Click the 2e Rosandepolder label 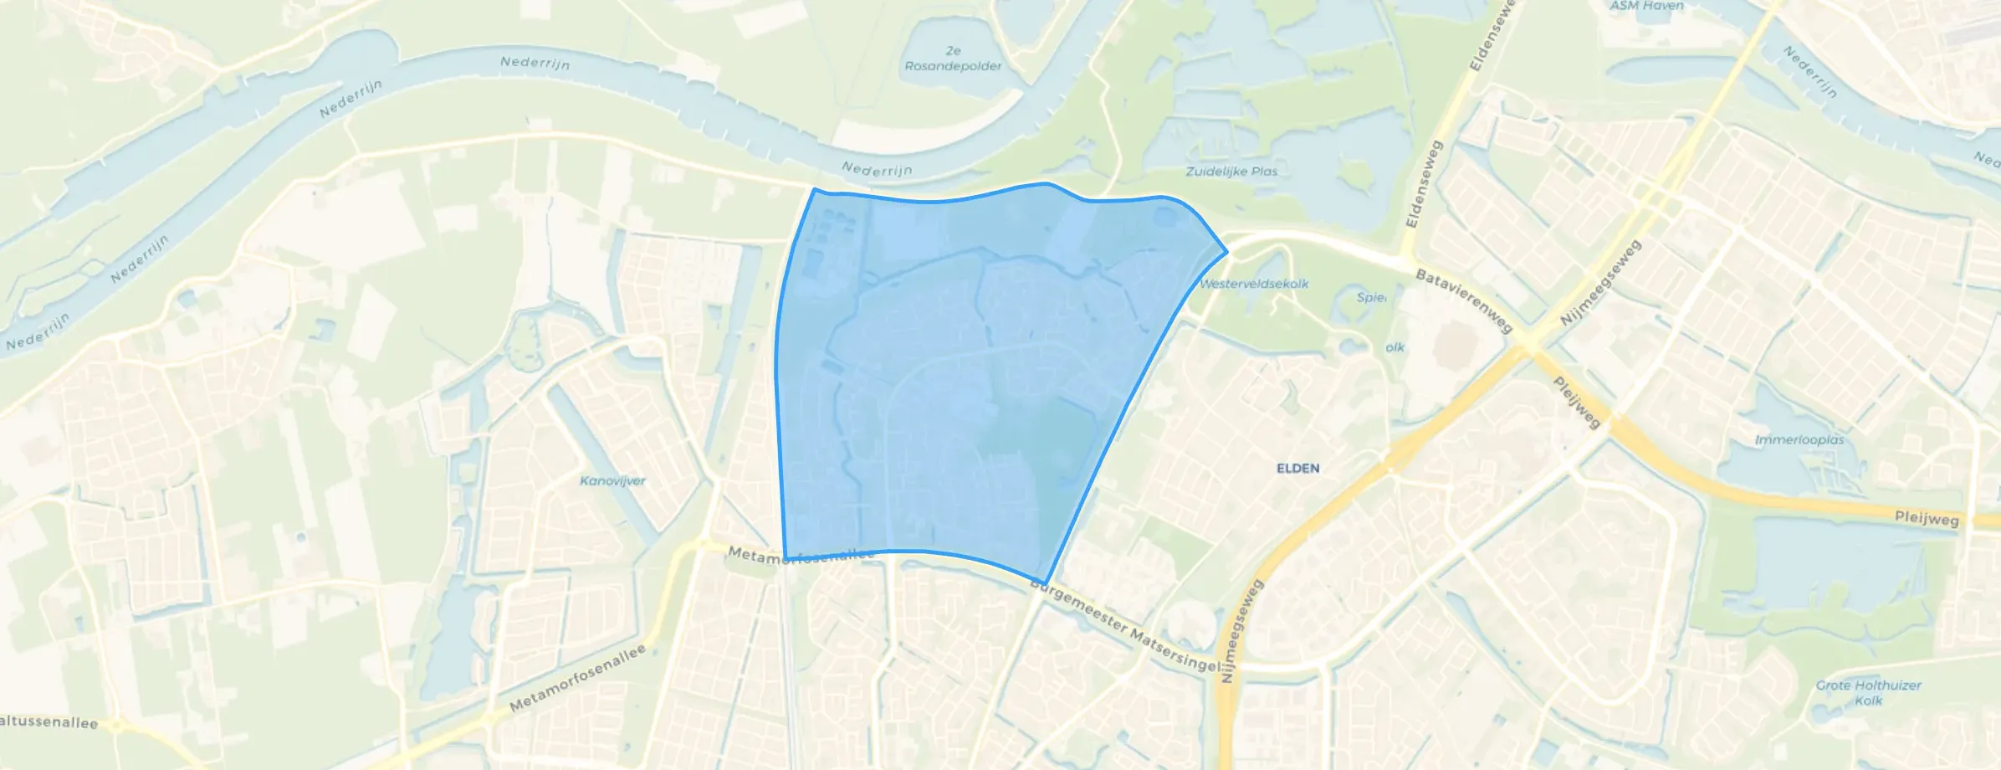point(953,59)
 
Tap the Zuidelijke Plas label point(1231,172)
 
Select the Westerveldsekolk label point(1254,284)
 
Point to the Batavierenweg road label point(1463,300)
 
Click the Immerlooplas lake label point(1799,439)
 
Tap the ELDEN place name point(1297,469)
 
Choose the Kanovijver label point(612,481)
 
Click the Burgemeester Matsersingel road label point(1125,625)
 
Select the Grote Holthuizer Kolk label point(1868,692)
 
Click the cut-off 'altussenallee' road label point(49,722)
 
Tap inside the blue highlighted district point(962,377)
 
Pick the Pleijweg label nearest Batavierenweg point(1577,402)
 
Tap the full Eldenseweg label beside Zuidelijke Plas point(1425,184)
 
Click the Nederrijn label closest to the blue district point(877,170)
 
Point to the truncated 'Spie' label point(1370,297)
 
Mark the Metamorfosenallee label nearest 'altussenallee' point(578,678)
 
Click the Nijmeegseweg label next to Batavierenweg point(1600,283)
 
